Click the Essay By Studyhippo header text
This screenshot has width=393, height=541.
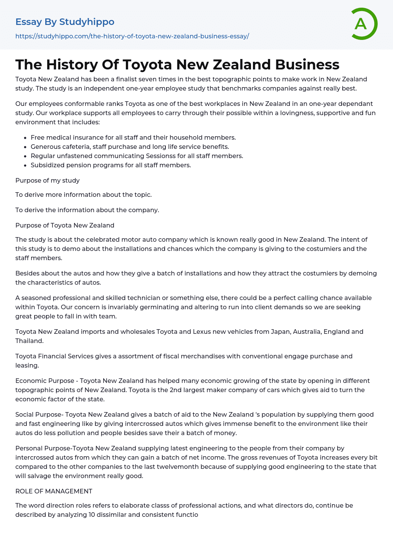(x=65, y=22)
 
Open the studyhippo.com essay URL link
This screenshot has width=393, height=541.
(x=132, y=36)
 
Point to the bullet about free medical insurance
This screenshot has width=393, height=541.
(x=133, y=137)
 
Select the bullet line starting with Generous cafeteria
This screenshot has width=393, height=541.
(x=130, y=147)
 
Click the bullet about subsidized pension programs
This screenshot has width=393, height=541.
(x=111, y=165)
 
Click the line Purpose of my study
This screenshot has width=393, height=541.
(x=48, y=180)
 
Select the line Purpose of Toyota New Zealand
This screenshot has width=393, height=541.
(x=65, y=225)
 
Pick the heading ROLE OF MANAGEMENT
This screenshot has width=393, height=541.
(x=54, y=491)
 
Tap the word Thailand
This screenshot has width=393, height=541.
(x=29, y=341)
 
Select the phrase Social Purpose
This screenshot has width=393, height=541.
(x=38, y=414)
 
